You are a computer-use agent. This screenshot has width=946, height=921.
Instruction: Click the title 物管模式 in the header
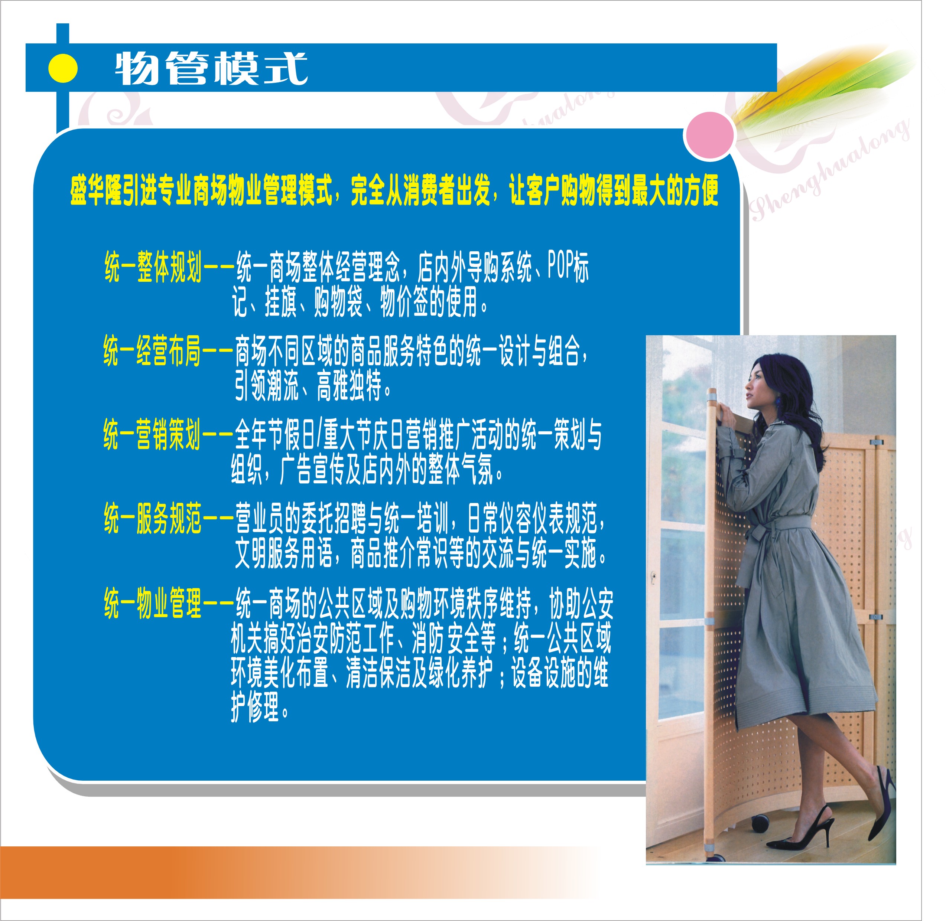pyautogui.click(x=211, y=68)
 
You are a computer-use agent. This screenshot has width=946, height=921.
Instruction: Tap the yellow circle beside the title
pyautogui.click(x=63, y=68)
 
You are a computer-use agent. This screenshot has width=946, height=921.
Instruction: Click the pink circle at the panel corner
pyautogui.click(x=709, y=136)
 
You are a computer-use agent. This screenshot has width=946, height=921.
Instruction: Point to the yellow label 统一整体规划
pyautogui.click(x=153, y=267)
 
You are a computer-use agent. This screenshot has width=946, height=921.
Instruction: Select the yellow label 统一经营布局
pyautogui.click(x=152, y=351)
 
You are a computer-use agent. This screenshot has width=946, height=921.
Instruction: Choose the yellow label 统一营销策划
pyautogui.click(x=152, y=434)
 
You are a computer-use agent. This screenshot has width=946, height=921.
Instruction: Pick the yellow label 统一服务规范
pyautogui.click(x=152, y=519)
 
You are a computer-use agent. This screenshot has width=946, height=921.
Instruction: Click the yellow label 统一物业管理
pyautogui.click(x=152, y=603)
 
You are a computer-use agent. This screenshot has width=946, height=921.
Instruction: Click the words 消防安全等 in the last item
pyautogui.click(x=454, y=639)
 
